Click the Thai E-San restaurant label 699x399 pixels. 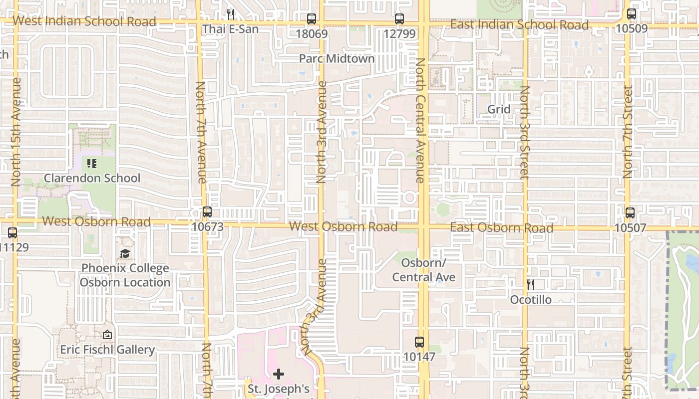pyautogui.click(x=230, y=29)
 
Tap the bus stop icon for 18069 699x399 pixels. pyautogui.click(x=312, y=19)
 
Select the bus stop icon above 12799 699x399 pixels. pyautogui.click(x=399, y=19)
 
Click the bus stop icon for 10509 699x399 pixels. pyautogui.click(x=632, y=14)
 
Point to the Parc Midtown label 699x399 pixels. pyautogui.click(x=337, y=58)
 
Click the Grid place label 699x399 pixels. pyautogui.click(x=499, y=109)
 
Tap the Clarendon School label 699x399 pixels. pyautogui.click(x=92, y=178)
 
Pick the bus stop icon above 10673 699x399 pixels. pyautogui.click(x=207, y=211)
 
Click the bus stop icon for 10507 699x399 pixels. pyautogui.click(x=630, y=213)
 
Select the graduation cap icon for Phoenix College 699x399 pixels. pyautogui.click(x=125, y=254)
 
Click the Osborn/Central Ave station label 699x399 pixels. pyautogui.click(x=423, y=270)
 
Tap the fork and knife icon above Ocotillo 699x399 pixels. pyautogui.click(x=531, y=285)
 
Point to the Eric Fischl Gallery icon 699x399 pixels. pyautogui.click(x=107, y=335)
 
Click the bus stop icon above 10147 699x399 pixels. pyautogui.click(x=419, y=342)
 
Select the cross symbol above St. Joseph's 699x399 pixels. pyautogui.click(x=279, y=374)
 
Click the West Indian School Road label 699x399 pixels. pyautogui.click(x=84, y=21)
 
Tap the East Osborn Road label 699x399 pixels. pyautogui.click(x=501, y=228)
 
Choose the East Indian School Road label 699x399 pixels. pyautogui.click(x=519, y=24)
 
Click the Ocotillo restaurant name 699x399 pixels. pyautogui.click(x=531, y=299)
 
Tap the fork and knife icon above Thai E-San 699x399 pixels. pyautogui.click(x=230, y=14)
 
